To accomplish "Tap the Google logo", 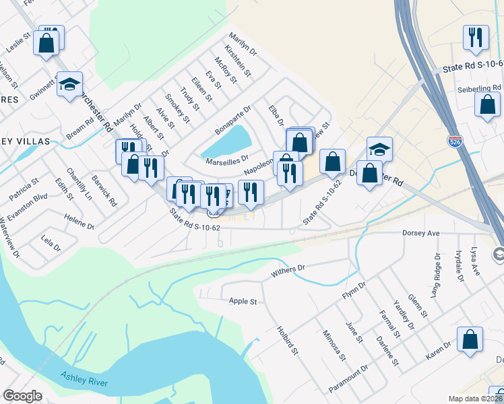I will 22,396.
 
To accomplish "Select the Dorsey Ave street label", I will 420,233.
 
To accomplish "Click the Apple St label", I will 243,301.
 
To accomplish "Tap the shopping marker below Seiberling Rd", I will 487,104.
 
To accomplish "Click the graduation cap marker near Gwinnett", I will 69,84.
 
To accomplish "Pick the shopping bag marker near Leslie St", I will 46,43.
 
